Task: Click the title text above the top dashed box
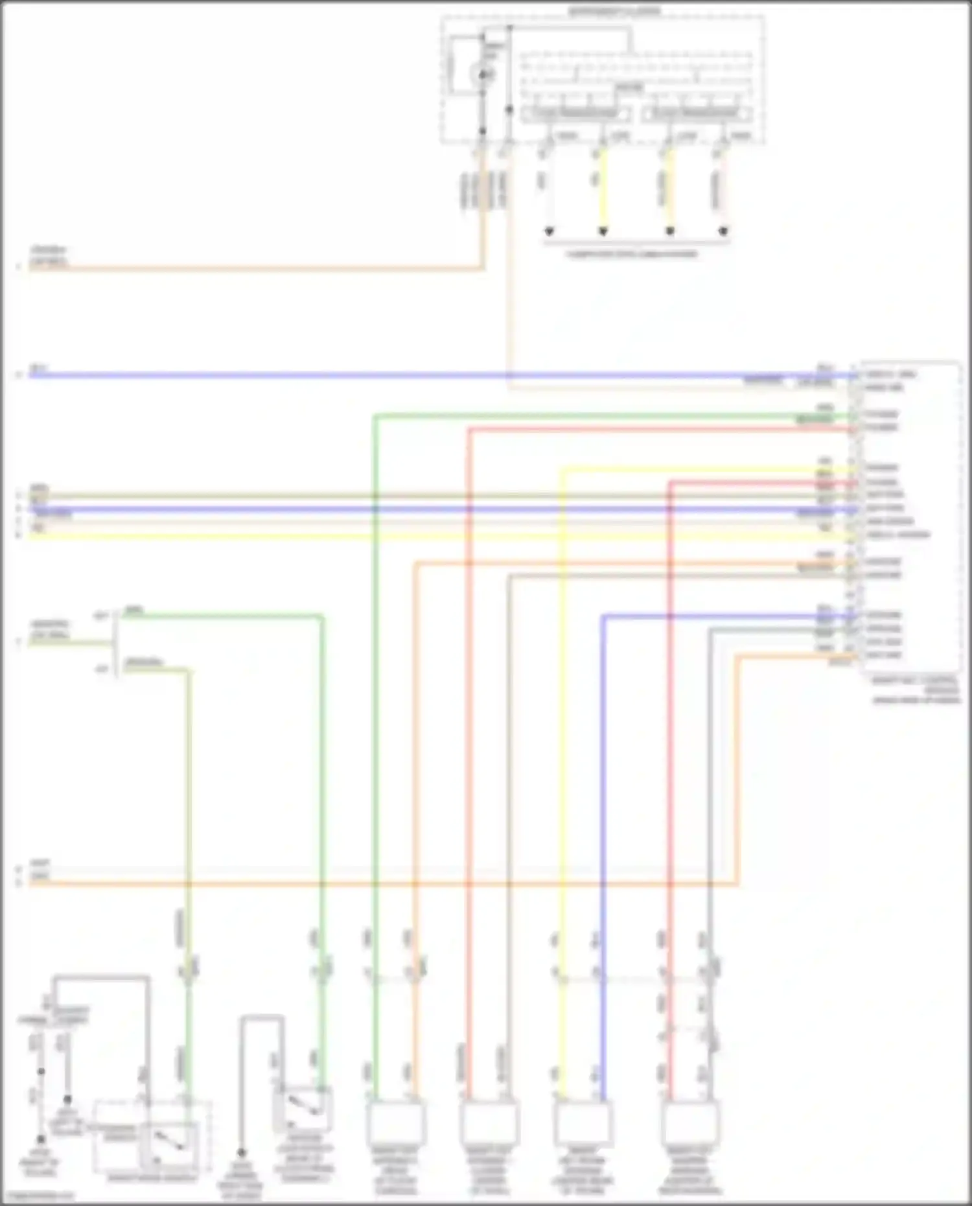[x=614, y=11]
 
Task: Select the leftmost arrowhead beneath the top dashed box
[x=549, y=231]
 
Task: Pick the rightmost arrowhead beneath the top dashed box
[x=724, y=231]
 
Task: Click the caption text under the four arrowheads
[x=632, y=254]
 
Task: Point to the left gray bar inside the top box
[x=575, y=114]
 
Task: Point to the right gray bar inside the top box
[x=696, y=114]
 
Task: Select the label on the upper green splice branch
[x=133, y=610]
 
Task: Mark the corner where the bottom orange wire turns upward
[x=737, y=883]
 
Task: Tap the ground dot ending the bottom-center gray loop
[x=241, y=1153]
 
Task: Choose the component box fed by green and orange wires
[x=395, y=1124]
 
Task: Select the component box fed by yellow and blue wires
[x=583, y=1124]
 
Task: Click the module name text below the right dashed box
[x=915, y=690]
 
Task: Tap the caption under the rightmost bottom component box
[x=690, y=1174]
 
